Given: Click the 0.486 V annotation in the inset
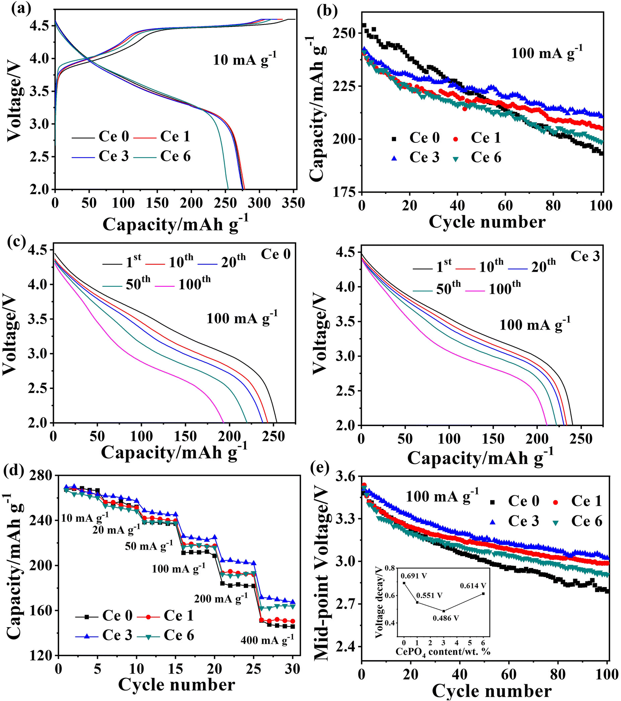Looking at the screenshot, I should pos(446,618).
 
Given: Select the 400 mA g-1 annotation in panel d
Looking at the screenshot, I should pos(267,640).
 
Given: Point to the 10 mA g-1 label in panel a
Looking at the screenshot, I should pos(244,60).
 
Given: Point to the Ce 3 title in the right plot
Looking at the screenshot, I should pos(585,256).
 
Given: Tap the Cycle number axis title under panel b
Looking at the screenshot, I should pos(487,222).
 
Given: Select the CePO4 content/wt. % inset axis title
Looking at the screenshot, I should pos(443,651).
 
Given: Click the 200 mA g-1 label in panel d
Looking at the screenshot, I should pos(220,599).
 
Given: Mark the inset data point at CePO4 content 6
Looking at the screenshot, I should pos(483,593).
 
